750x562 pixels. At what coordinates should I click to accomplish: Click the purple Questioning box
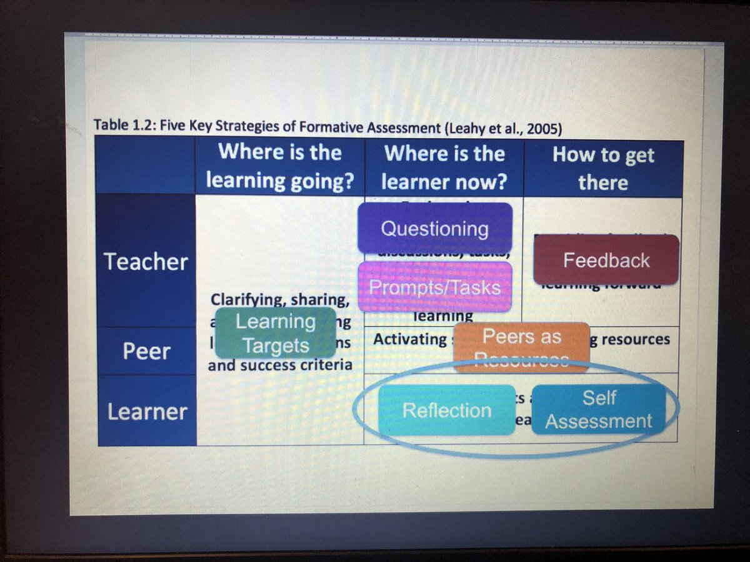pyautogui.click(x=434, y=228)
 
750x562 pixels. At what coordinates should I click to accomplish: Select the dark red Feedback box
pyautogui.click(x=606, y=260)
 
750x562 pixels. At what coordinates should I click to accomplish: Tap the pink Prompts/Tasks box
pyautogui.click(x=434, y=287)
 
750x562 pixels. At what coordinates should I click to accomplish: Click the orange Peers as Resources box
pyautogui.click(x=521, y=345)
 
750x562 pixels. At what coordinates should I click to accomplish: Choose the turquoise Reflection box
pyautogui.click(x=446, y=410)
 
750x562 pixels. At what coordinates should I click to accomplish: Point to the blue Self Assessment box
pyautogui.click(x=598, y=409)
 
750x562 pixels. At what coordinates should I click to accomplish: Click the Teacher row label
pyautogui.click(x=146, y=262)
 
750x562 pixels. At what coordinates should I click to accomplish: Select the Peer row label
pyautogui.click(x=146, y=351)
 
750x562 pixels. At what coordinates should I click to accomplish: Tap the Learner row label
pyautogui.click(x=147, y=412)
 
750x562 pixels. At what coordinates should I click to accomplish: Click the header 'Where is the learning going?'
pyautogui.click(x=279, y=167)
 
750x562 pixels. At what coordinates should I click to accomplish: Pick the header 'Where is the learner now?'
pyautogui.click(x=444, y=167)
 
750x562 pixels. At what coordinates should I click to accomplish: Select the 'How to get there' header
pyautogui.click(x=602, y=169)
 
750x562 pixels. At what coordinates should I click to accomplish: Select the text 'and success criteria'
pyautogui.click(x=279, y=365)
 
